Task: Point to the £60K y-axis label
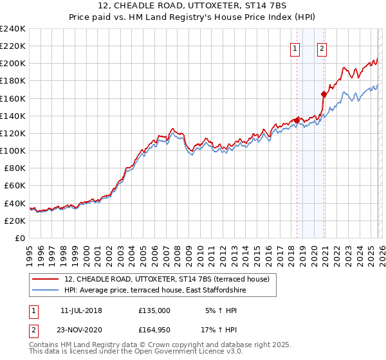click(14, 186)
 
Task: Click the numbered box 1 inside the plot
click(295, 47)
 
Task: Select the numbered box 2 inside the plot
click(321, 47)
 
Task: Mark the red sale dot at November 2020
click(324, 94)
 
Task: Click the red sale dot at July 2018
click(297, 120)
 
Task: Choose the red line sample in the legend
click(46, 279)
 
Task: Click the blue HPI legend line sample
click(46, 290)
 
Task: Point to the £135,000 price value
click(154, 310)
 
